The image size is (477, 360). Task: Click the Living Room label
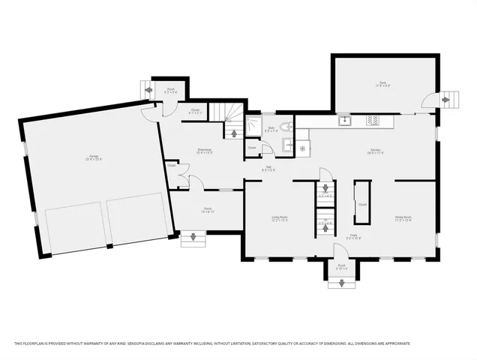280,218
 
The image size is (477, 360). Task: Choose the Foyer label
340,237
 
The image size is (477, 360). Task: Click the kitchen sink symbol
345,120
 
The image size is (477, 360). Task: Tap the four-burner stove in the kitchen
372,120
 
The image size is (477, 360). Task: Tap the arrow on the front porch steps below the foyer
342,283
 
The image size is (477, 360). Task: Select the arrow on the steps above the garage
148,91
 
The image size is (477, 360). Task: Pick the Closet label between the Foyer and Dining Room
362,203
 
